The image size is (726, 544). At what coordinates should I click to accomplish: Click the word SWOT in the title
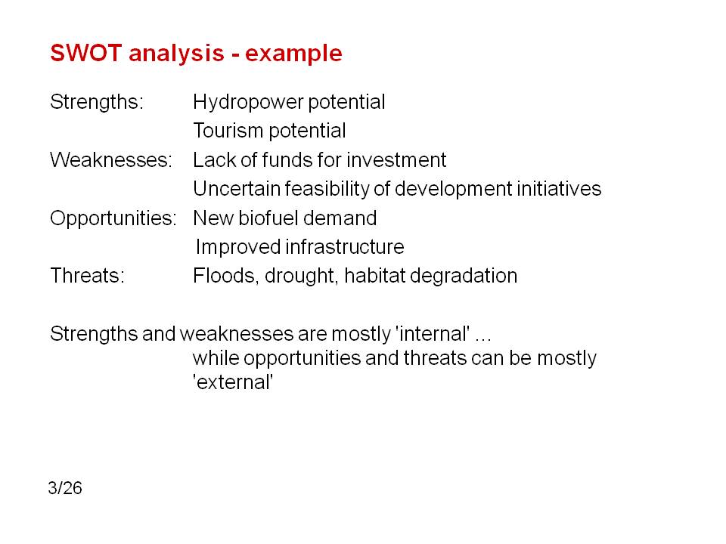pos(85,53)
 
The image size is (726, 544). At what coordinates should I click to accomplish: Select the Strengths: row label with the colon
pos(97,103)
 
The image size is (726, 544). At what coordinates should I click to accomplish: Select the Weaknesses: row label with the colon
pos(111,160)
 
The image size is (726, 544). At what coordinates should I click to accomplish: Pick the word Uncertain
pos(236,189)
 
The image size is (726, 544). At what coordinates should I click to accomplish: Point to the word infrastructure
pos(345,246)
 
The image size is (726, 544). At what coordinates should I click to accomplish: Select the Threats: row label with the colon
pos(88,276)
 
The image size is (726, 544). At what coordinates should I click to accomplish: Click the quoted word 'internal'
pos(433,333)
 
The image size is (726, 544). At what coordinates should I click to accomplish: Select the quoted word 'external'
pos(234,382)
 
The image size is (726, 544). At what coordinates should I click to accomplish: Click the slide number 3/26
pos(65,488)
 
